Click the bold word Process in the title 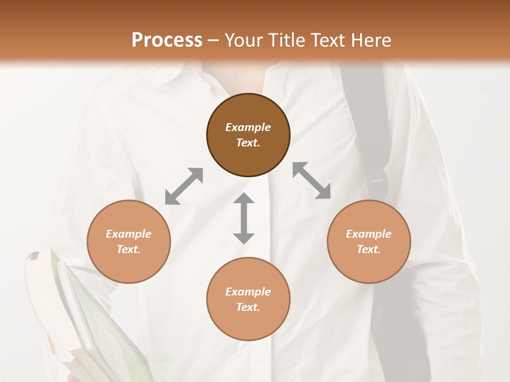[167, 40]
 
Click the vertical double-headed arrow [244, 218]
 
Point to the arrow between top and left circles [184, 186]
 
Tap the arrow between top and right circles [312, 180]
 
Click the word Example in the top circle [248, 127]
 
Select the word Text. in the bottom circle [248, 307]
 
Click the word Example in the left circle [129, 234]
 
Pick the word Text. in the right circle [369, 249]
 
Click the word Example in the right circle [369, 234]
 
